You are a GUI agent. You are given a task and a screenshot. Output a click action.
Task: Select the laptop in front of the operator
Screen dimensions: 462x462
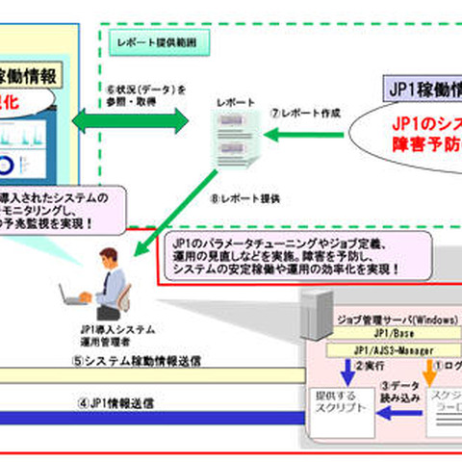[x=73, y=295]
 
